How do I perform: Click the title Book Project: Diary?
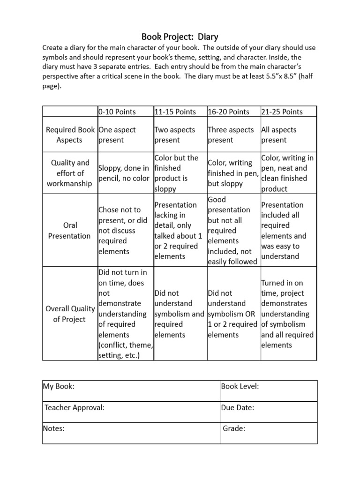click(x=180, y=37)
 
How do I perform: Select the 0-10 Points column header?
click(x=117, y=112)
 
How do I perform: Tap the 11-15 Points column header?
click(x=175, y=112)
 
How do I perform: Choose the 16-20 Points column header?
click(x=229, y=112)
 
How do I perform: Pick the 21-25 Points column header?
click(x=282, y=112)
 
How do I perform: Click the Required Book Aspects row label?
click(x=69, y=135)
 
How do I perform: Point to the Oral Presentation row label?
click(x=69, y=231)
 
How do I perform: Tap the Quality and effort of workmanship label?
click(x=69, y=173)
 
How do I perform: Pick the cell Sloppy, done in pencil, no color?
click(x=124, y=173)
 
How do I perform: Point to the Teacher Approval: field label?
click(x=74, y=407)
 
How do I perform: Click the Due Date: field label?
click(x=238, y=407)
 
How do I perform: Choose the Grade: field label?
click(x=234, y=428)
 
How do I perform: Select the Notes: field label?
click(x=53, y=428)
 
